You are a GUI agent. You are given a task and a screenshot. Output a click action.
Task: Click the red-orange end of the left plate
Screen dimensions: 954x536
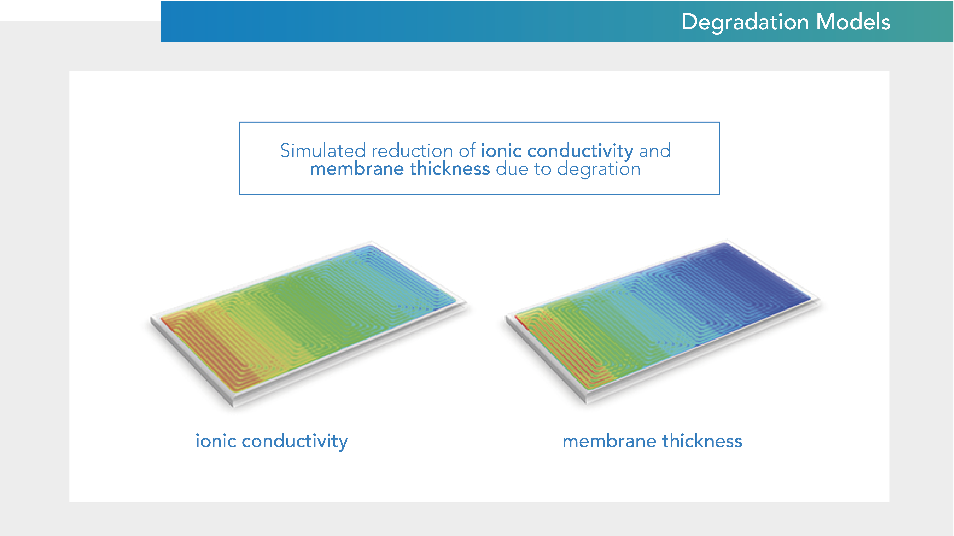(207, 344)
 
